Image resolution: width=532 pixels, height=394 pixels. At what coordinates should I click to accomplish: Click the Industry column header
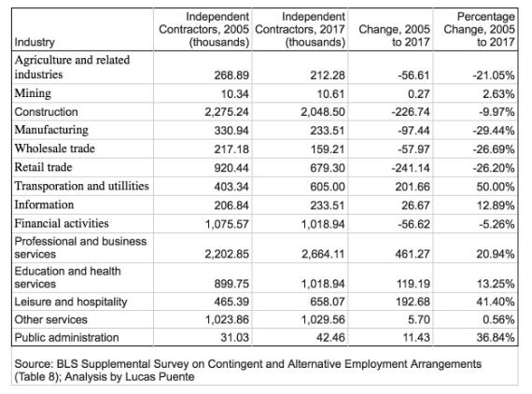[35, 42]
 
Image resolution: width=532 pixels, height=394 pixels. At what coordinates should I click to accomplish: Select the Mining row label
[33, 93]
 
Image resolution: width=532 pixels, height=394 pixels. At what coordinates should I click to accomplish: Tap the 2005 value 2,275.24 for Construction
[227, 112]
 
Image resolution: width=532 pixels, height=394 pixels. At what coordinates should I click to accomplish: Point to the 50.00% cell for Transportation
[496, 187]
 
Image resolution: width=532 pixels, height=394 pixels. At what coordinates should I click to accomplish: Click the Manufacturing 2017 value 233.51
[328, 131]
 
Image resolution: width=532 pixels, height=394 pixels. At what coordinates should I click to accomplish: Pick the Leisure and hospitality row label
[71, 302]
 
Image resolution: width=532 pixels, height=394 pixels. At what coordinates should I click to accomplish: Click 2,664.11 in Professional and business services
[323, 254]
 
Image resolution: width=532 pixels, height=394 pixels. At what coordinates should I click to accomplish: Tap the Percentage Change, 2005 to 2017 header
[479, 29]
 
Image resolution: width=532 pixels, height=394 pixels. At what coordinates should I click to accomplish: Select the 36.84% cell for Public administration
[496, 337]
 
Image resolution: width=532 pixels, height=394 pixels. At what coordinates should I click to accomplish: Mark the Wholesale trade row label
[55, 148]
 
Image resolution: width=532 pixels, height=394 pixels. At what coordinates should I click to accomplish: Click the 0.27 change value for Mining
[419, 93]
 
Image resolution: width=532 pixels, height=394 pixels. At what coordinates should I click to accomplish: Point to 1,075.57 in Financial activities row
[227, 224]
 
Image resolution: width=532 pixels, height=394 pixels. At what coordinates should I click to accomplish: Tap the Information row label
[44, 204]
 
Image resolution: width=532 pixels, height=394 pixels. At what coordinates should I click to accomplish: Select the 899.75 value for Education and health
[231, 284]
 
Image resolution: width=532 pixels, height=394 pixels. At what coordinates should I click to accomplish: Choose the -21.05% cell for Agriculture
[494, 75]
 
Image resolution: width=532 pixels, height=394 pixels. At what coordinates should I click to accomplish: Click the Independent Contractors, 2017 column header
[300, 29]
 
